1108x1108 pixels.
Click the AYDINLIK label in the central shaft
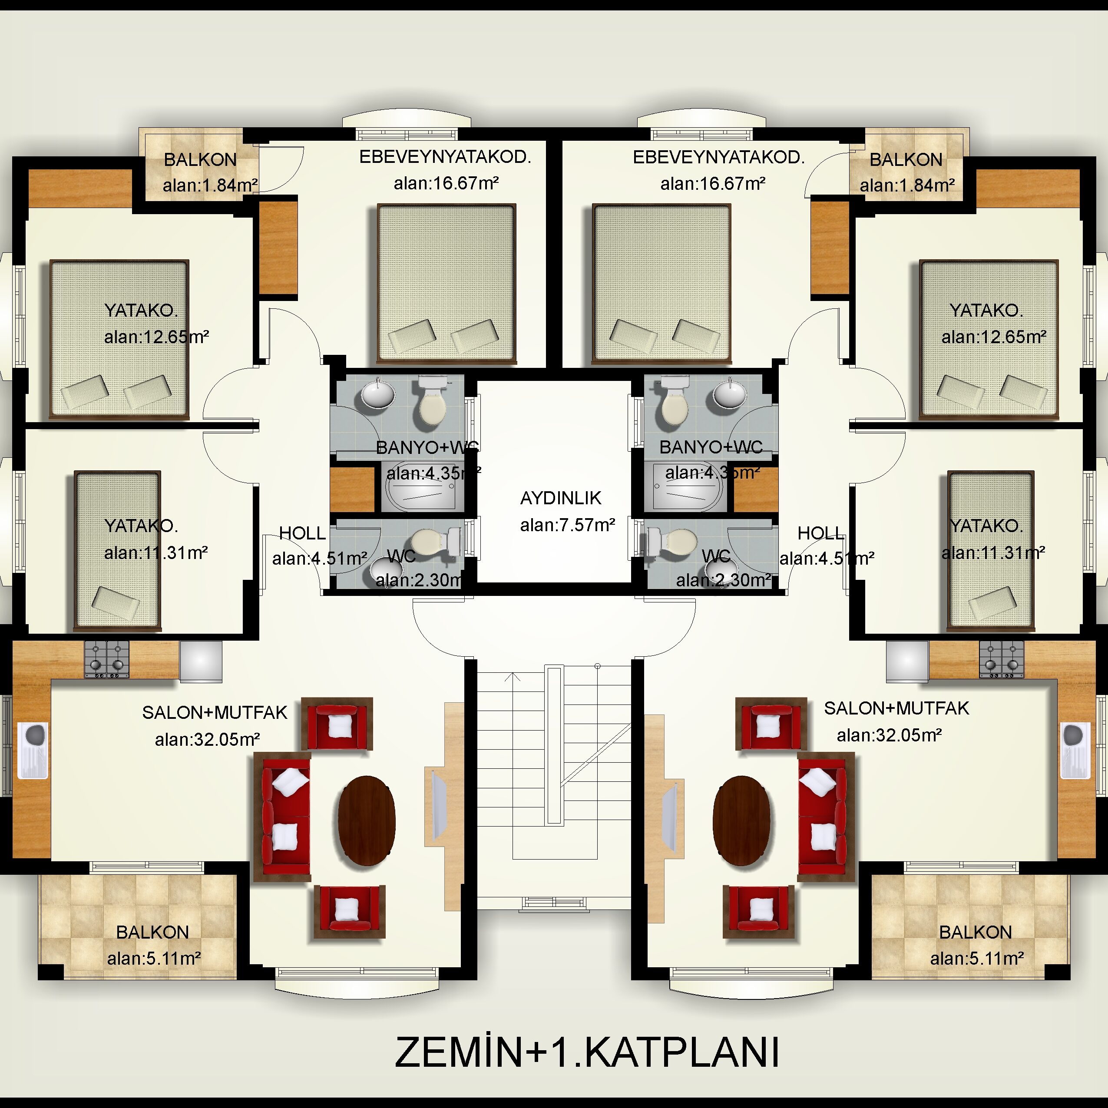(x=560, y=498)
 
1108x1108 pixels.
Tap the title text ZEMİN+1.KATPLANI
(x=587, y=1052)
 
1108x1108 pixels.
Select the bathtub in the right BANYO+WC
(x=687, y=487)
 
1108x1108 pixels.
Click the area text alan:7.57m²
(x=567, y=525)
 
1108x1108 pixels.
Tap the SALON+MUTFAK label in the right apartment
(x=896, y=708)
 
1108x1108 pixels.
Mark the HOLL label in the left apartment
(x=302, y=533)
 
